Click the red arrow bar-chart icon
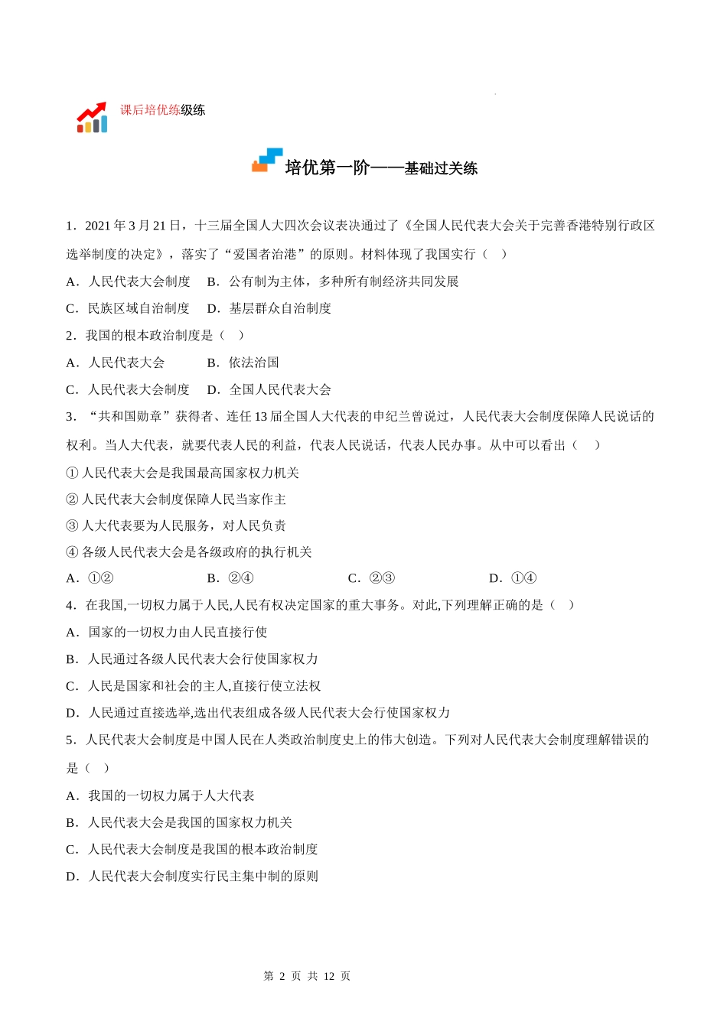pyautogui.click(x=92, y=117)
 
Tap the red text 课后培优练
pyautogui.click(x=150, y=110)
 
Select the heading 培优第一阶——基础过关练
pyautogui.click(x=380, y=168)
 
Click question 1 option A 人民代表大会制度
pyautogui.click(x=129, y=281)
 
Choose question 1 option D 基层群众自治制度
pyautogui.click(x=269, y=308)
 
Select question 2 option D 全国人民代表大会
pyautogui.click(x=269, y=389)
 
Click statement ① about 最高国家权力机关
pyautogui.click(x=183, y=473)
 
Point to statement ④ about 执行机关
pyautogui.click(x=189, y=552)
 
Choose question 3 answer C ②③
pyautogui.click(x=371, y=578)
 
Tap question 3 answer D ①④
pyautogui.click(x=513, y=578)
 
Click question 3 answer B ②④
pyautogui.click(x=230, y=578)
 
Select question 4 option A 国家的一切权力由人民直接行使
pyautogui.click(x=167, y=632)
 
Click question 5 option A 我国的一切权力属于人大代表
pyautogui.click(x=161, y=795)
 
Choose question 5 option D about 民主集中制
pyautogui.click(x=192, y=876)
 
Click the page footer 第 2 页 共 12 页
pyautogui.click(x=307, y=976)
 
